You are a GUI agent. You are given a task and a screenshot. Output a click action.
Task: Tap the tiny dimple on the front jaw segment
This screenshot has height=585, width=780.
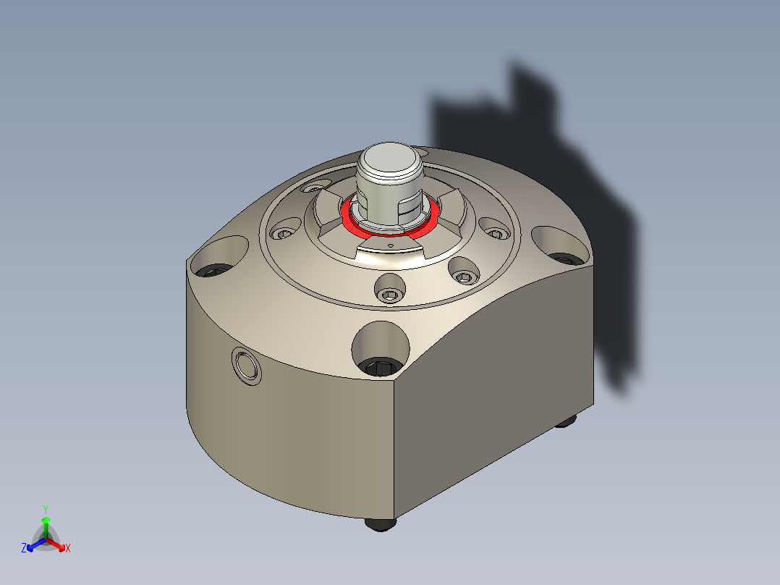[x=391, y=246]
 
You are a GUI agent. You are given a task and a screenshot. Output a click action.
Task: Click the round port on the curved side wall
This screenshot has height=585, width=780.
[x=246, y=364]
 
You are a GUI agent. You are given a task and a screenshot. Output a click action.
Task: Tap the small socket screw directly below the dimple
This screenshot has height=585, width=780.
[x=391, y=293]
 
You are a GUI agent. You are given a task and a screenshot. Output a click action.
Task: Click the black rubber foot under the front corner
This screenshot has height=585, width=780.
[x=381, y=523]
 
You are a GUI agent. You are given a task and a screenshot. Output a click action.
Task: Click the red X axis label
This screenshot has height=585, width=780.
[x=68, y=549]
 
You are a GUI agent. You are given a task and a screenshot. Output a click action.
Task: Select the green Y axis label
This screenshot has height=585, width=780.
[x=45, y=509]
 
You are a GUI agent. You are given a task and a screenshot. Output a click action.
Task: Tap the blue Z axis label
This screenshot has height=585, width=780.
[x=24, y=548]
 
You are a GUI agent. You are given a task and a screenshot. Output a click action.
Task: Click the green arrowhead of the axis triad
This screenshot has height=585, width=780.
[x=45, y=521]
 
